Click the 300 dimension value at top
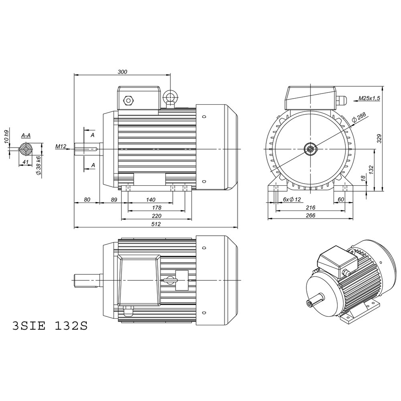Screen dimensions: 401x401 [x=122, y=72]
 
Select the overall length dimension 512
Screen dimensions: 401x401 [x=156, y=225]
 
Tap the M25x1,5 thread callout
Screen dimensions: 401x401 [x=369, y=98]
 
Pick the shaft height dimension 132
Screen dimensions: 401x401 [x=371, y=169]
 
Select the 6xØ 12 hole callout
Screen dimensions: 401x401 [x=292, y=199]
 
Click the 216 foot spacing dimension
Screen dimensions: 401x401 [x=310, y=207]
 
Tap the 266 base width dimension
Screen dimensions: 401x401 [x=310, y=216]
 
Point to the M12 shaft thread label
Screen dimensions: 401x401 [x=61, y=147]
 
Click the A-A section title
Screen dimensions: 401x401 [x=26, y=136]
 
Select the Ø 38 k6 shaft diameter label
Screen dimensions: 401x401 [x=38, y=165]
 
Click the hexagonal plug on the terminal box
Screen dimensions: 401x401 [x=129, y=100]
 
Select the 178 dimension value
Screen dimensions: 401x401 [x=156, y=208]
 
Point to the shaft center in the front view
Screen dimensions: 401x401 [x=311, y=149]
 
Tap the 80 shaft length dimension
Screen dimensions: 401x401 [x=87, y=199]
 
